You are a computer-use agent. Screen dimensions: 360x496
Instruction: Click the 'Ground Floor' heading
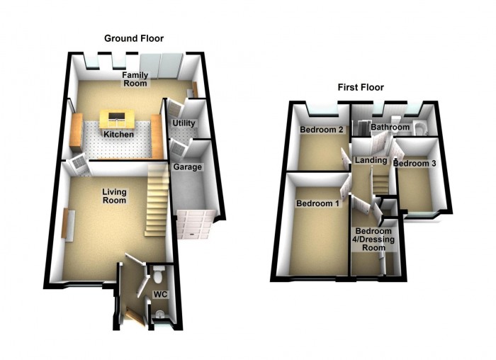(x=134, y=38)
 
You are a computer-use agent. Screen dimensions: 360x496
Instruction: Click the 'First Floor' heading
(x=360, y=88)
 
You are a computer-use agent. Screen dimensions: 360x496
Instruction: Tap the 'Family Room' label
(x=134, y=79)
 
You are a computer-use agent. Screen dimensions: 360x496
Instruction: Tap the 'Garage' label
(x=188, y=167)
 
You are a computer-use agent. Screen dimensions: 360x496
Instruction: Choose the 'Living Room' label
(x=114, y=196)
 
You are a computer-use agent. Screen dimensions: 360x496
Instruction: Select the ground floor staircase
(x=157, y=206)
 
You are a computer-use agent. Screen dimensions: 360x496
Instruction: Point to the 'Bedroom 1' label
(x=317, y=204)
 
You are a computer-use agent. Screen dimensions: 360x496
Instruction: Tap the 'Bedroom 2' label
(x=322, y=130)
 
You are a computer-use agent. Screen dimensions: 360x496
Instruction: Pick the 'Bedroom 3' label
(x=415, y=164)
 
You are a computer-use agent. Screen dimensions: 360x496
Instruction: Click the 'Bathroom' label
(x=390, y=128)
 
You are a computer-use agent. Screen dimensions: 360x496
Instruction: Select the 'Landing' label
(x=371, y=161)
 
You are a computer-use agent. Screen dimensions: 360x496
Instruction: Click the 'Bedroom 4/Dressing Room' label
(x=373, y=240)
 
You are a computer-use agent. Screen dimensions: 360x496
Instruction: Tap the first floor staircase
(x=381, y=183)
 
